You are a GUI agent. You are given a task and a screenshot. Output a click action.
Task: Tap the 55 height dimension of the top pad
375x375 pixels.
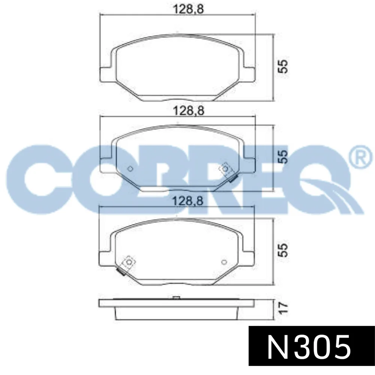(x=283, y=66)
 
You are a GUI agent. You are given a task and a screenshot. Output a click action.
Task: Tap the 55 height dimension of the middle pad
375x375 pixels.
(x=283, y=156)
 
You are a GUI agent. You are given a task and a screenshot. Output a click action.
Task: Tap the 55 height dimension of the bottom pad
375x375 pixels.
(x=283, y=250)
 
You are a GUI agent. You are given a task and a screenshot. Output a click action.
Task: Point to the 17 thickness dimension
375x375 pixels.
(x=283, y=307)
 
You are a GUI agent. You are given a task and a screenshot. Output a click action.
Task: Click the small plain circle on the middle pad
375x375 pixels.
(x=130, y=169)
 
